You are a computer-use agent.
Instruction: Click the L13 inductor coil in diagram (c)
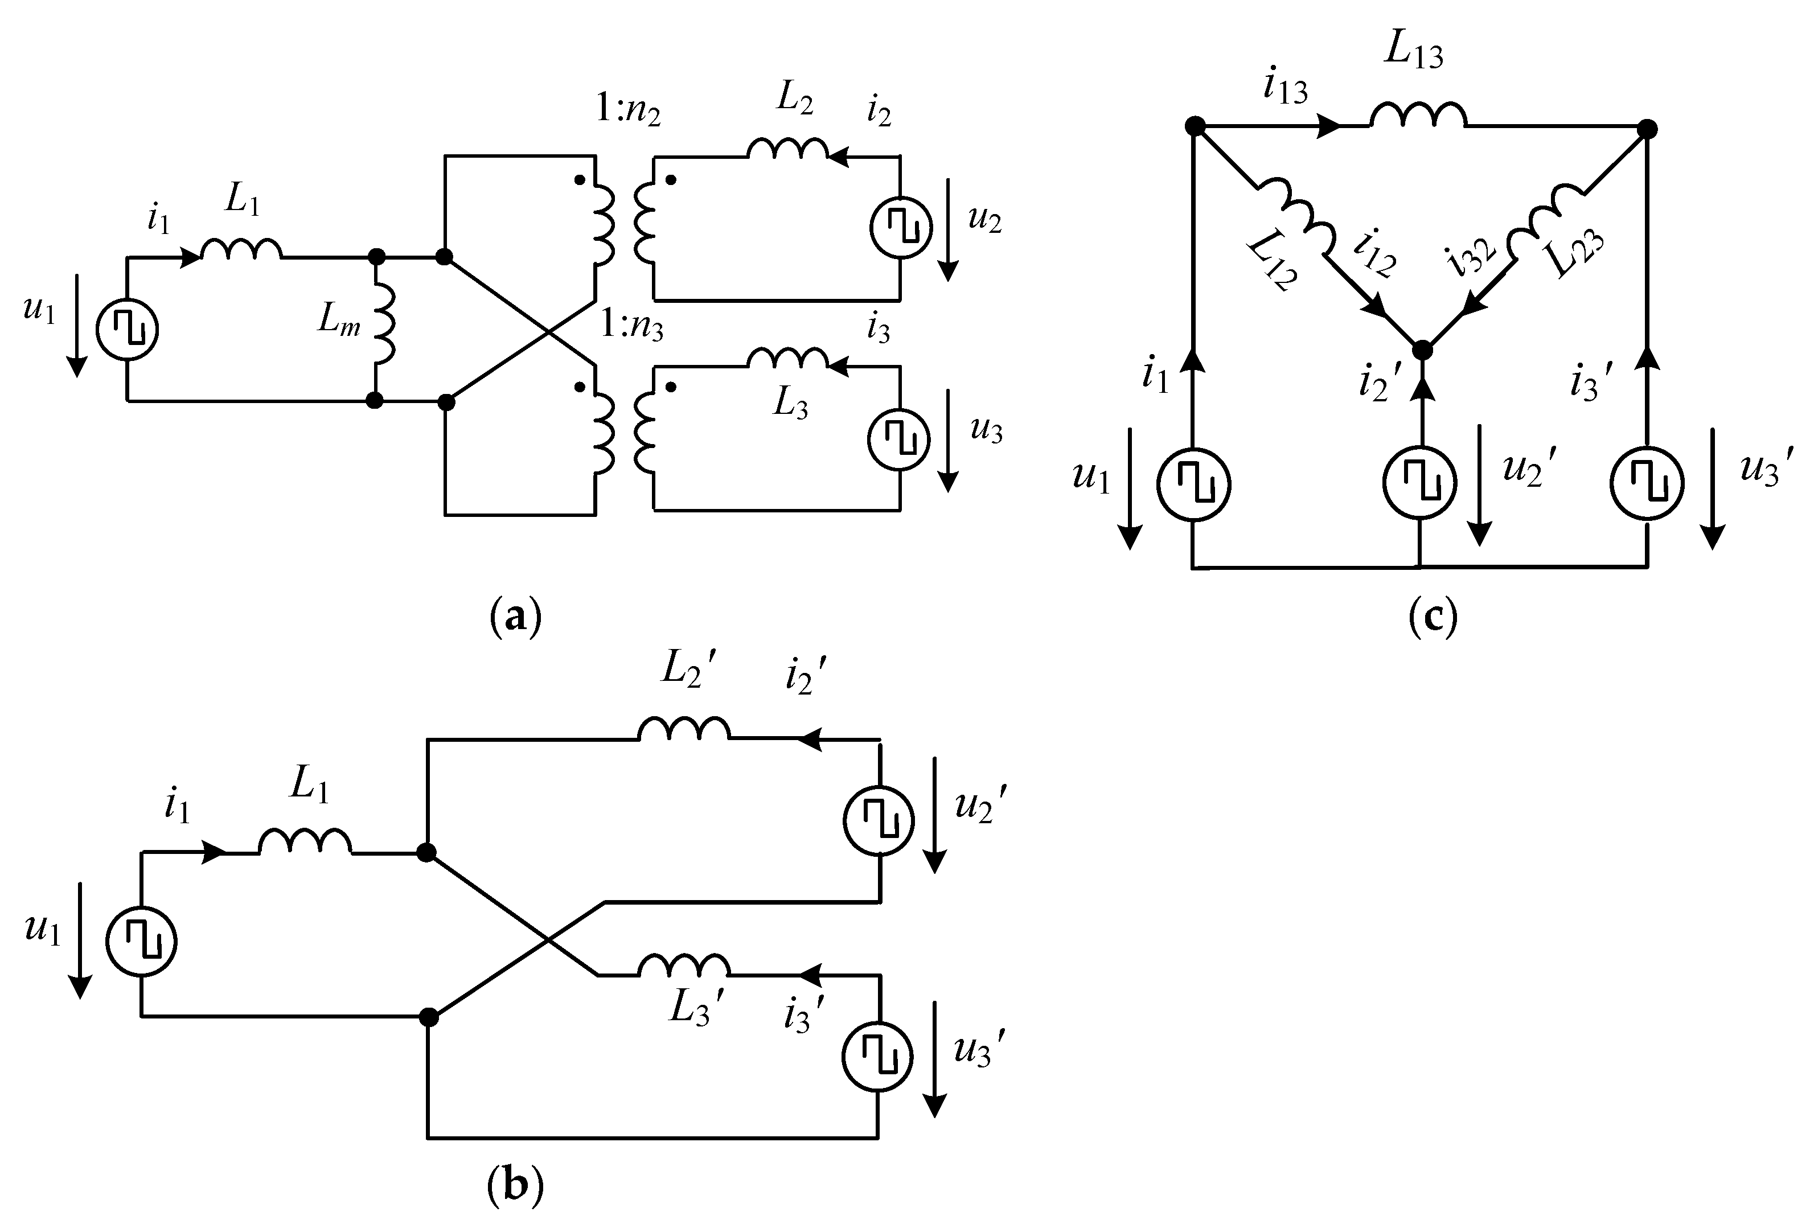[1418, 116]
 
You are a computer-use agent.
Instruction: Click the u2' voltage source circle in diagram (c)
[1419, 484]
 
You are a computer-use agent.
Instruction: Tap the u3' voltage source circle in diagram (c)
[1647, 484]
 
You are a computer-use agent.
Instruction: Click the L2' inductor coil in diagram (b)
[684, 729]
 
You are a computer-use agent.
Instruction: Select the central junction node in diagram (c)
[1422, 351]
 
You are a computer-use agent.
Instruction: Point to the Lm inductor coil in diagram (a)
[384, 328]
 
